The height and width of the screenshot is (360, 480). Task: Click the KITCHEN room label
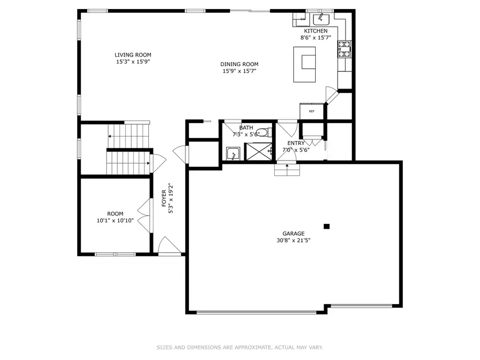coord(316,31)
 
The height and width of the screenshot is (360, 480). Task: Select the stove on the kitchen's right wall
coord(343,50)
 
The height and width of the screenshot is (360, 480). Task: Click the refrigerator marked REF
coord(311,111)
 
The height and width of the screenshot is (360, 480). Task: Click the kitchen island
coord(305,64)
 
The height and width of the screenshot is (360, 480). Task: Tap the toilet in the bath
coord(262,133)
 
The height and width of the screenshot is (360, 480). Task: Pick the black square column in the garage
coord(327,226)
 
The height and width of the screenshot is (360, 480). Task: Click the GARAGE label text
coord(293,234)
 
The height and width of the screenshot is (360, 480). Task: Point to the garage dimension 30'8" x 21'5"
coord(293,241)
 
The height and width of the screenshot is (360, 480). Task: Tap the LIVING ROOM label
coord(133,55)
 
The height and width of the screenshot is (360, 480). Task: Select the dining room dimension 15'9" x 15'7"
coord(239,71)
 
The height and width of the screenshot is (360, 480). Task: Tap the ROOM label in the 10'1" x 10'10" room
coord(115,214)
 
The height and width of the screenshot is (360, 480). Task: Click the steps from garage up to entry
coord(287,170)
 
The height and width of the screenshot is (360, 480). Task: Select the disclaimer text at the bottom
coord(239,348)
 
